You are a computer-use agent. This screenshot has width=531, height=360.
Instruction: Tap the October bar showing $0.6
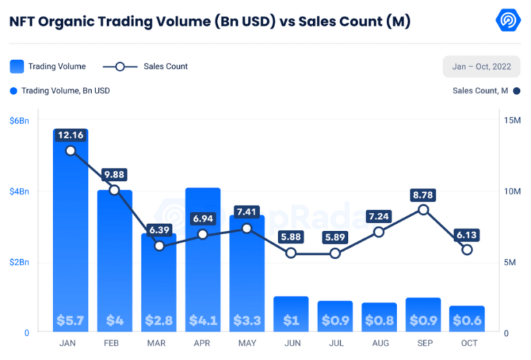(x=467, y=319)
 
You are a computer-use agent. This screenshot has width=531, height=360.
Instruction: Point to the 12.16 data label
(x=71, y=135)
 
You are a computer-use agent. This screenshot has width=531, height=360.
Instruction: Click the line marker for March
(x=159, y=245)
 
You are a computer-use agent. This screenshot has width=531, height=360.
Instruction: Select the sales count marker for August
(x=379, y=231)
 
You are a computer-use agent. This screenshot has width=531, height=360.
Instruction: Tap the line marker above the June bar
(x=291, y=253)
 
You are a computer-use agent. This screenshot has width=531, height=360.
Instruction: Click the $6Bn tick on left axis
(x=19, y=121)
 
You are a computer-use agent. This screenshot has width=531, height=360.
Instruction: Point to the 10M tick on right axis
(x=512, y=191)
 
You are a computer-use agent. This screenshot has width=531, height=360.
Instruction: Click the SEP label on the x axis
(x=423, y=343)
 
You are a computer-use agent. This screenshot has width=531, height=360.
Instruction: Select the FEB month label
(x=115, y=343)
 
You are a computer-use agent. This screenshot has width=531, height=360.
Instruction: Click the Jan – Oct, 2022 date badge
(x=481, y=66)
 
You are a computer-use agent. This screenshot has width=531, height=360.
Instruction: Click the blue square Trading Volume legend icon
(x=17, y=66)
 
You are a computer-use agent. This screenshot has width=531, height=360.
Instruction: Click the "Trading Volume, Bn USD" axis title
(x=66, y=91)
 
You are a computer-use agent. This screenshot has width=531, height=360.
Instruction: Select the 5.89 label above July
(x=335, y=238)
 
